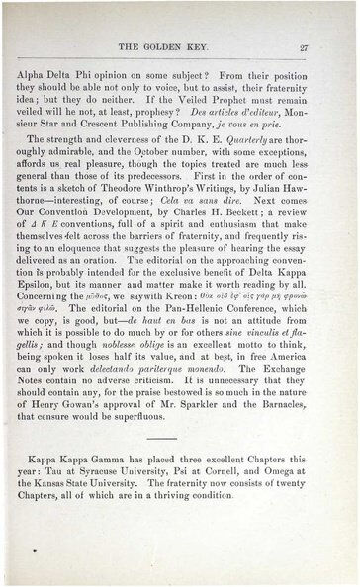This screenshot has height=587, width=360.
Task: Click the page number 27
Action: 332,46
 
